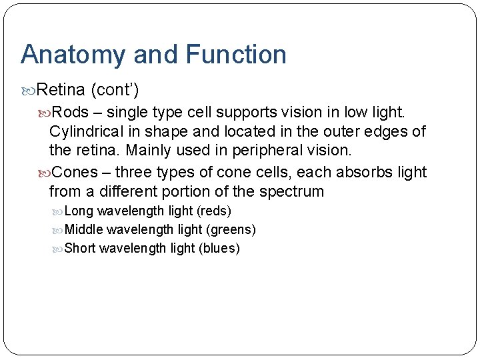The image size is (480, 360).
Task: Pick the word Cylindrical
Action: coord(85,131)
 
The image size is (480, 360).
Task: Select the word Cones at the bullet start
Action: coord(75,172)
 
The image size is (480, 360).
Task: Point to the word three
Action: coord(135,172)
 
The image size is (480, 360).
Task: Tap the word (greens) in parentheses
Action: coord(231,230)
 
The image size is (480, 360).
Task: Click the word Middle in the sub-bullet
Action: coord(84,230)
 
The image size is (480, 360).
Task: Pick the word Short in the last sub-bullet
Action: coord(80,249)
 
